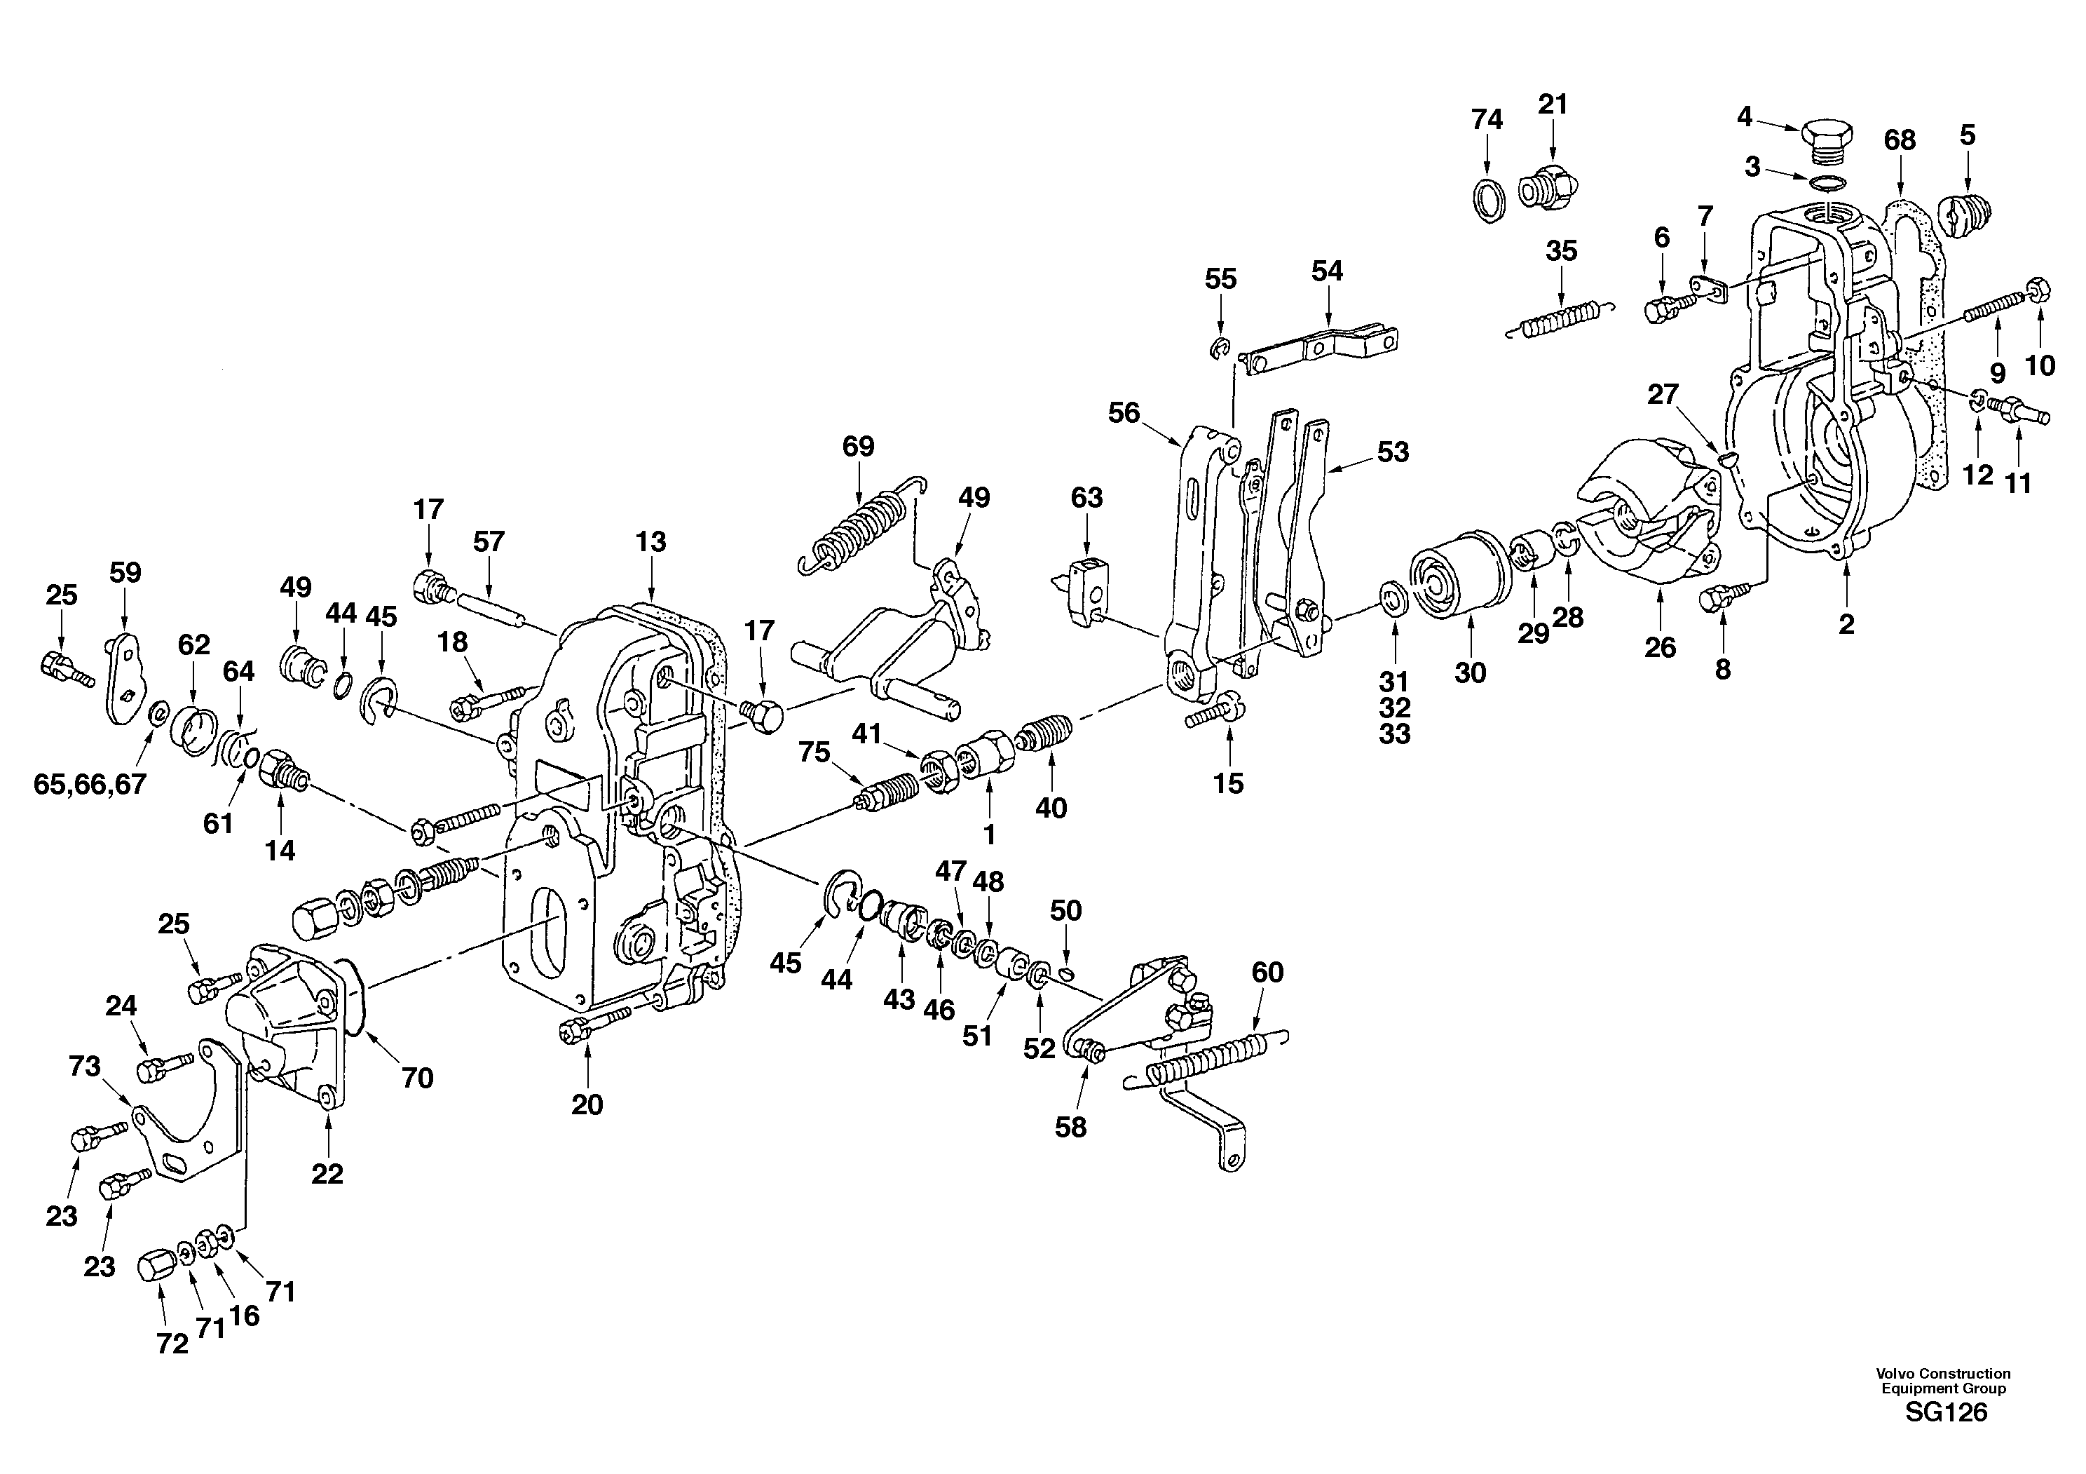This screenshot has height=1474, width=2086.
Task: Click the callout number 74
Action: pyautogui.click(x=1487, y=119)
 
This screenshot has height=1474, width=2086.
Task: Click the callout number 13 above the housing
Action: pyautogui.click(x=650, y=541)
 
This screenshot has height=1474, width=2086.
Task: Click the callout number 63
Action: pyautogui.click(x=1086, y=497)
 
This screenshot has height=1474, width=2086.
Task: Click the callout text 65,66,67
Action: pyautogui.click(x=89, y=783)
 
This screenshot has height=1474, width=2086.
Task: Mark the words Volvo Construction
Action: pyautogui.click(x=1944, y=1373)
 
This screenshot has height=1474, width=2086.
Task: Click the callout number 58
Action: pyautogui.click(x=1070, y=1127)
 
